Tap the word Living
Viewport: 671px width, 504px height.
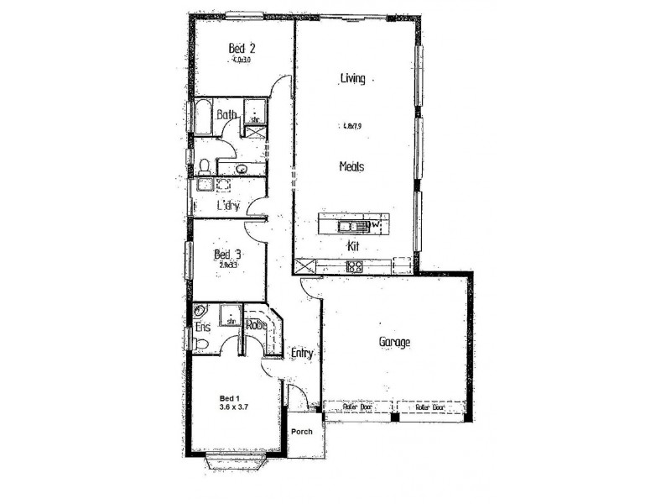click(x=352, y=79)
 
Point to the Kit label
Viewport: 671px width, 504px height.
click(x=353, y=247)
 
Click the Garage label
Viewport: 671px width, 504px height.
click(x=393, y=342)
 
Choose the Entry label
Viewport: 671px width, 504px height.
click(x=302, y=354)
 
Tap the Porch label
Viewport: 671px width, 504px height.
click(x=301, y=432)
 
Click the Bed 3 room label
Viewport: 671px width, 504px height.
click(x=228, y=254)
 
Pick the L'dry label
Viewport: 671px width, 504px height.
click(x=228, y=205)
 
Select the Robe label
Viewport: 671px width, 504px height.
click(x=256, y=325)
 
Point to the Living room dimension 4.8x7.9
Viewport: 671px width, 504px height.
click(x=352, y=127)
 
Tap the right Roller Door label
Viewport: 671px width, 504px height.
click(x=429, y=407)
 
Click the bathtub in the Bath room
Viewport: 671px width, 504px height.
click(x=204, y=117)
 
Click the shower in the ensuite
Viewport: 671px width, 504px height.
click(x=229, y=317)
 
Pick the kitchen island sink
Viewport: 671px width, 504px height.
click(x=347, y=225)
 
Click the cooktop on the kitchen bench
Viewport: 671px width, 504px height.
click(x=354, y=267)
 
